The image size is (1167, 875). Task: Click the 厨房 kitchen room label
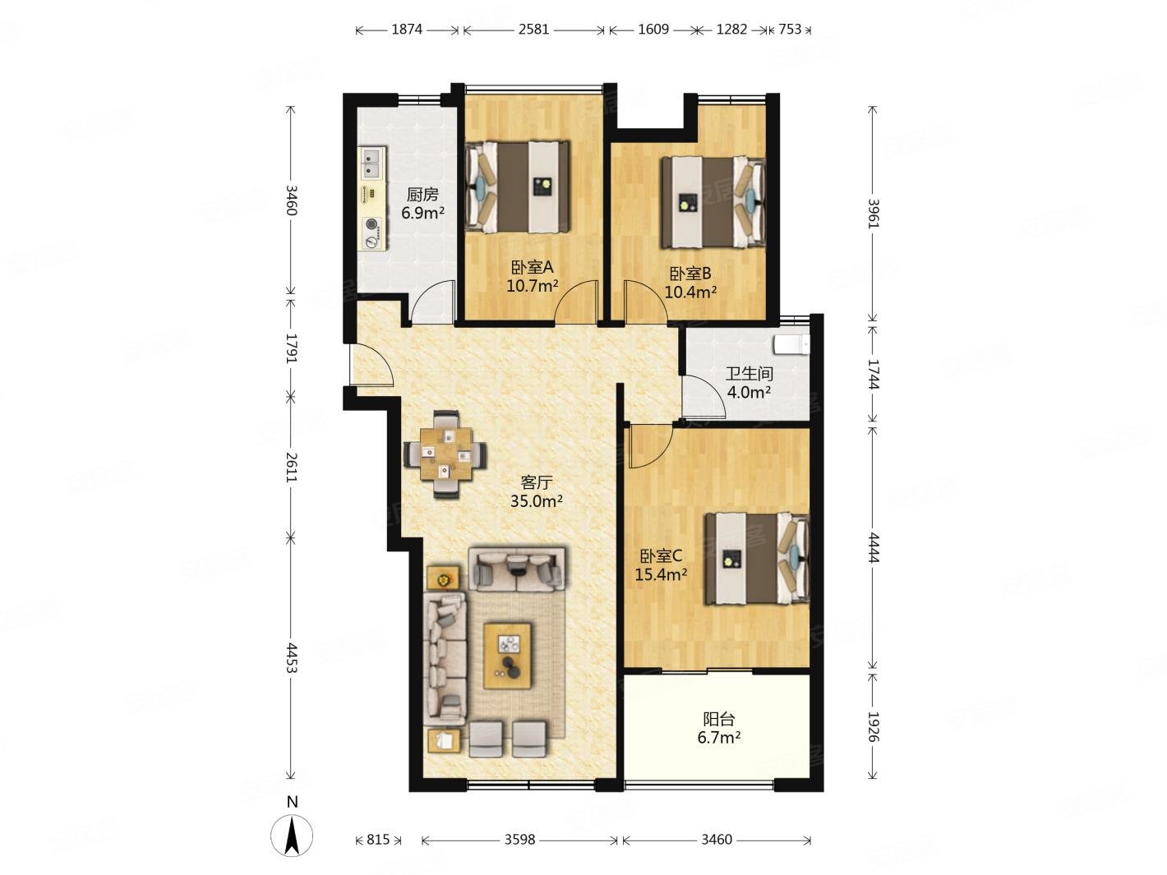(422, 204)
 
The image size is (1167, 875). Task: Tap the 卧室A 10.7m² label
(532, 276)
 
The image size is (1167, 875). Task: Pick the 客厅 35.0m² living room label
(536, 491)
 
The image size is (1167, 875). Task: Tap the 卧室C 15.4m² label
(661, 564)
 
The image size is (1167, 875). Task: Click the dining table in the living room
(445, 454)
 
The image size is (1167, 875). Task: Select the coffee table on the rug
(507, 656)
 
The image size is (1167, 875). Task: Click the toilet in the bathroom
(791, 345)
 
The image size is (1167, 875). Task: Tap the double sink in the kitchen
(372, 163)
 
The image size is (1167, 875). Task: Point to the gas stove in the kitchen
(372, 233)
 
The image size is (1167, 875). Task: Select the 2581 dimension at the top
(533, 30)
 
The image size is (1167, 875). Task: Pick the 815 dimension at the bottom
(378, 840)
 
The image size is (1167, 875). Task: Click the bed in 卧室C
(757, 559)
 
